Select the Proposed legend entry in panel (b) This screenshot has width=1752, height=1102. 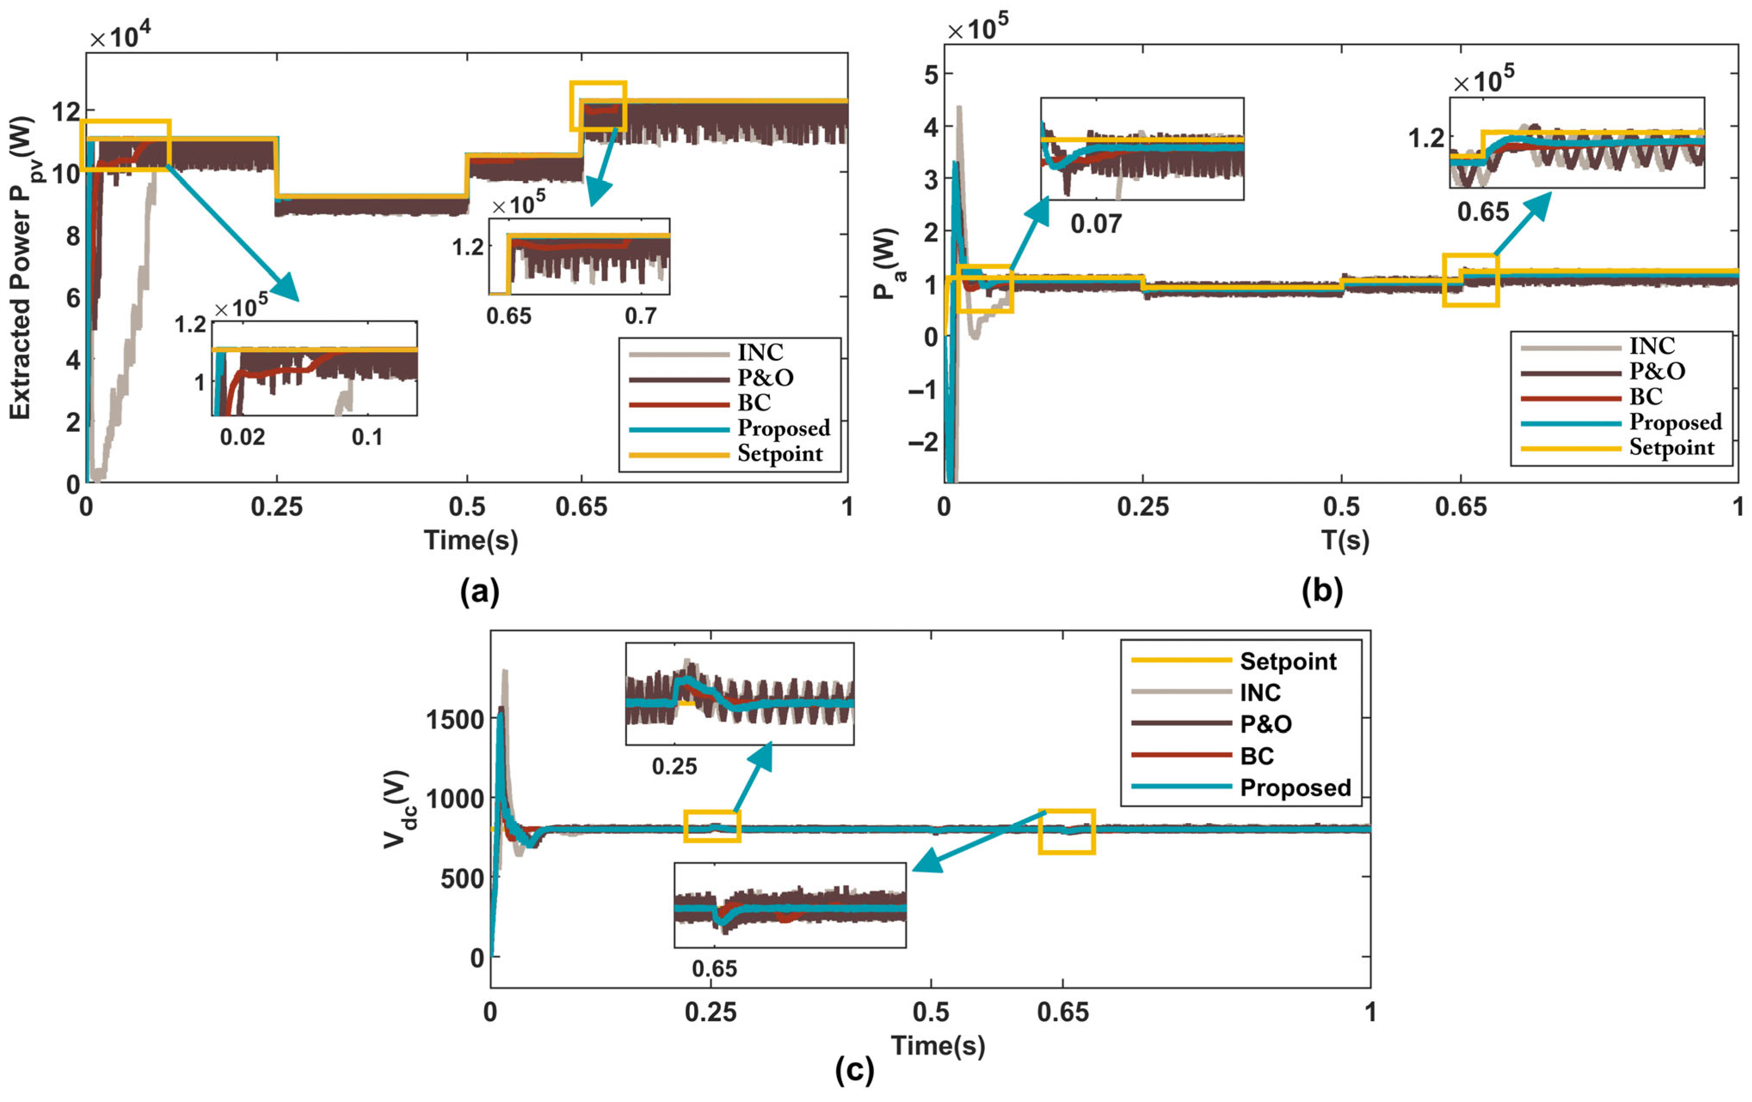(x=1675, y=422)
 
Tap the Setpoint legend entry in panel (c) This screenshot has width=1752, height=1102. (x=1288, y=661)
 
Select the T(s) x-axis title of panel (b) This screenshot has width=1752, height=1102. (x=1344, y=540)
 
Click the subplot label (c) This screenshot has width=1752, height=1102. (x=854, y=1070)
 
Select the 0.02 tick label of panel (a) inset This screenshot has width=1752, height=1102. (x=242, y=437)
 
